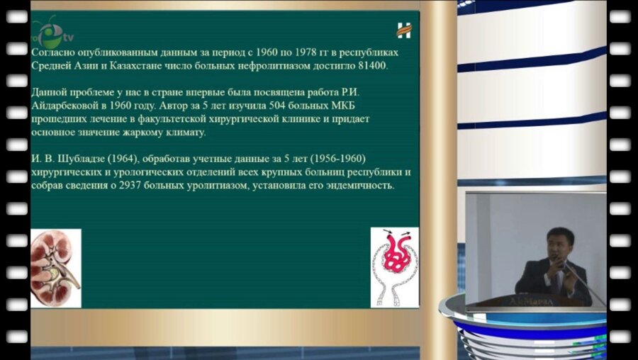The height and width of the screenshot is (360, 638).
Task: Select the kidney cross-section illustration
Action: pos(55,268)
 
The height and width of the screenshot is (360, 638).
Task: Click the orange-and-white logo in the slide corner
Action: pos(404,30)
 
